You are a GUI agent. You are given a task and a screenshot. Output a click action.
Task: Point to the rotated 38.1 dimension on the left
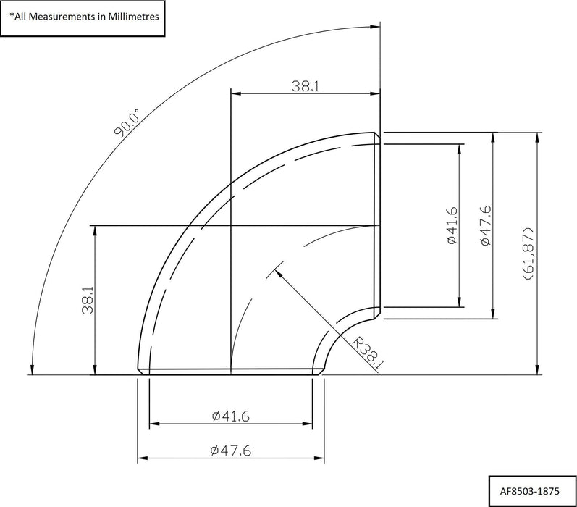(88, 300)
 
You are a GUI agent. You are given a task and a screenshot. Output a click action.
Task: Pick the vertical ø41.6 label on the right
(452, 225)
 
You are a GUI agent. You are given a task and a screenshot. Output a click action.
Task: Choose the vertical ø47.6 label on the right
(485, 225)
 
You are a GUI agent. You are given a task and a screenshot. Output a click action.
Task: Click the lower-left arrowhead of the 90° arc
(33, 369)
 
